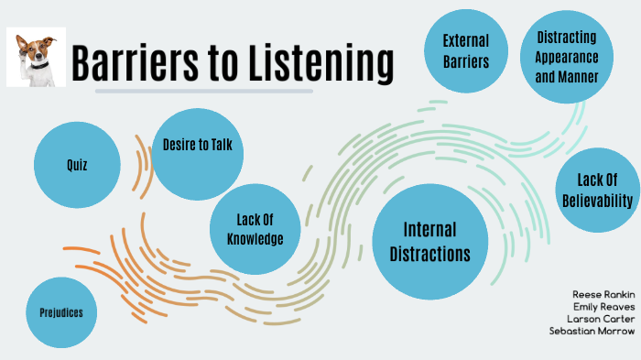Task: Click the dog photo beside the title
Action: [x=34, y=56]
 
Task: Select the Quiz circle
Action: [x=77, y=165]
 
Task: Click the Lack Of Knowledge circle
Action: [x=255, y=229]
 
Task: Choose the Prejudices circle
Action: [x=62, y=312]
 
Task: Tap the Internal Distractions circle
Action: [x=429, y=240]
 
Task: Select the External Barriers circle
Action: [x=465, y=51]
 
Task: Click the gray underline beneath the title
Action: [x=203, y=91]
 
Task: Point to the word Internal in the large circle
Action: [x=429, y=229]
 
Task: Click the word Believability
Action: [x=599, y=199]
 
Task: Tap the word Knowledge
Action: [x=255, y=239]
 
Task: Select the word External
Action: [x=465, y=40]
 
